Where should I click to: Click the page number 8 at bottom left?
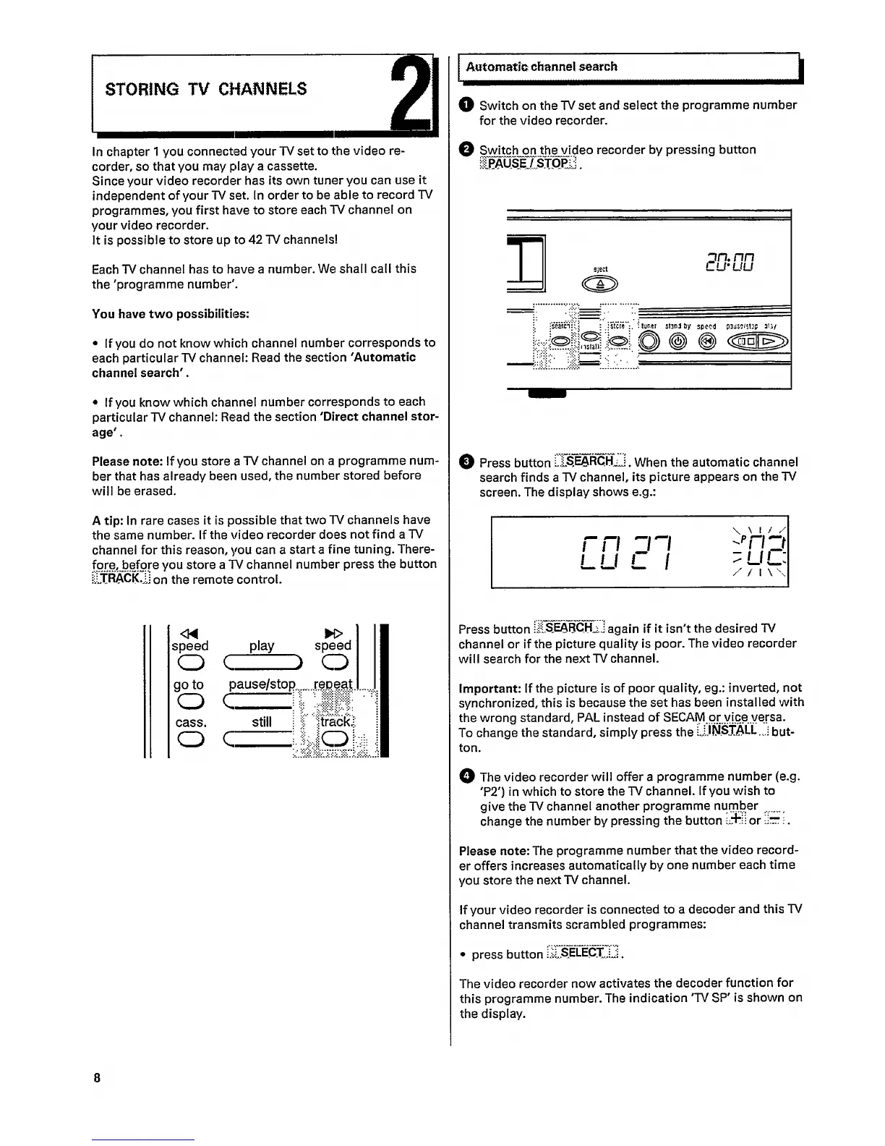click(x=96, y=1077)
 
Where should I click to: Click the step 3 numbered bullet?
click(x=466, y=462)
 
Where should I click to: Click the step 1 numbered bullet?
click(x=466, y=105)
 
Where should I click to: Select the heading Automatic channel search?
click(x=542, y=67)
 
